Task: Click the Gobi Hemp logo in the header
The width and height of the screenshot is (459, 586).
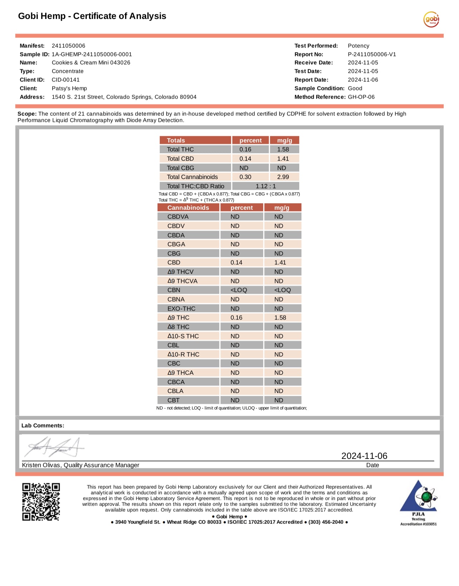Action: point(431,19)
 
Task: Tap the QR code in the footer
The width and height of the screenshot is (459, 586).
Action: point(41,502)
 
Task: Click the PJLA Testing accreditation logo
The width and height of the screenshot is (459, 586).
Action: point(418,502)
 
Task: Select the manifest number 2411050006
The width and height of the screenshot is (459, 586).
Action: point(69,46)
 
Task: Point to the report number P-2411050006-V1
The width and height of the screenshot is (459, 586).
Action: point(372,54)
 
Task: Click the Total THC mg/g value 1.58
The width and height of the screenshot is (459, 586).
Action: point(283,149)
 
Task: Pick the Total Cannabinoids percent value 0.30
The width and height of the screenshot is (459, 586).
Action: point(245,177)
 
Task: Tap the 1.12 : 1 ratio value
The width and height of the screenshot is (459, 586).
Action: point(266,186)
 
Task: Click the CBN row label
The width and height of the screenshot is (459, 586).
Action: point(174,290)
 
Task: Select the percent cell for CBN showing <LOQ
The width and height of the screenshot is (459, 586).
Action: point(239,290)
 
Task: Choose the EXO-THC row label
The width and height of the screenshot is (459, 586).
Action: point(181,308)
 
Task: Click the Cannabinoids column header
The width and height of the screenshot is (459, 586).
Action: point(188,208)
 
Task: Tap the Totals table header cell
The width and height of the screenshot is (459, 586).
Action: point(176,140)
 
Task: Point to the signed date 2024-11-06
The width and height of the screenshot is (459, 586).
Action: point(364,456)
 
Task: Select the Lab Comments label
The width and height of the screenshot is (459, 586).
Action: point(43,426)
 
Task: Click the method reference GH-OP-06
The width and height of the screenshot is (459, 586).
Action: point(361,97)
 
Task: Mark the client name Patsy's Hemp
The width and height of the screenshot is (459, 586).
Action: point(69,88)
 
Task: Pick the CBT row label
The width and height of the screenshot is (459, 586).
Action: point(173,400)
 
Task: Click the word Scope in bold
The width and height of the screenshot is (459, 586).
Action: point(27,114)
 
